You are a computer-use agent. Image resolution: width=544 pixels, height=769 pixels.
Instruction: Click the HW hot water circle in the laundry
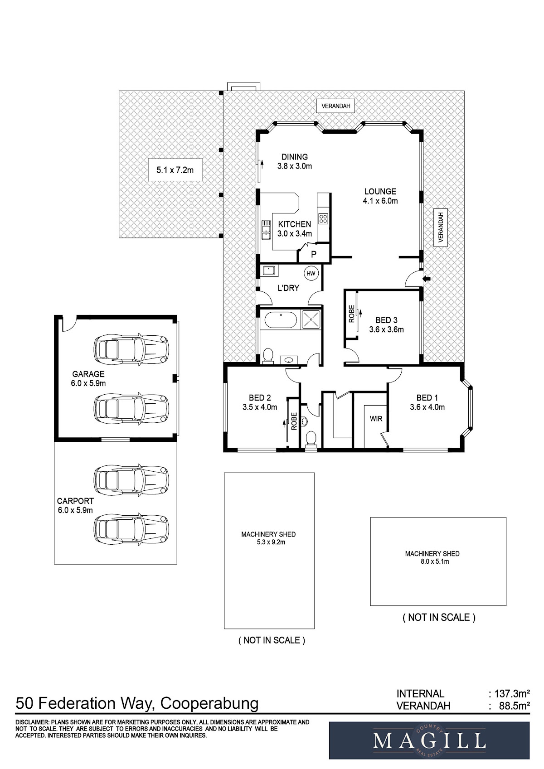(x=311, y=274)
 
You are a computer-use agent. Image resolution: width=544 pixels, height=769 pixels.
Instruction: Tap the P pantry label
(x=314, y=254)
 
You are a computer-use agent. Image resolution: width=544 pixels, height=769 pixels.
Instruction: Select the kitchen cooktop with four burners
(x=322, y=219)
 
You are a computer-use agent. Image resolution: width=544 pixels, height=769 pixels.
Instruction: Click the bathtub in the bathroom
(x=281, y=320)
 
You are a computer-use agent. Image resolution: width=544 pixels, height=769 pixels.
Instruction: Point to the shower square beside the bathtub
(x=311, y=319)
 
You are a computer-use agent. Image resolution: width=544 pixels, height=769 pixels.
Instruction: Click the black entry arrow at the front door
(x=426, y=279)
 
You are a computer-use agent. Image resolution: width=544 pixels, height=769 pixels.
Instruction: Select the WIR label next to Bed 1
(x=376, y=419)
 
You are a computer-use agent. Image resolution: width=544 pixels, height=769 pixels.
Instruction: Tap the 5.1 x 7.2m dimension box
(x=175, y=170)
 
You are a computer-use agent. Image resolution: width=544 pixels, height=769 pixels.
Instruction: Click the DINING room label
(x=295, y=157)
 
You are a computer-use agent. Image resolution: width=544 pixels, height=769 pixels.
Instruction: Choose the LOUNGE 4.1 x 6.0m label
(x=380, y=196)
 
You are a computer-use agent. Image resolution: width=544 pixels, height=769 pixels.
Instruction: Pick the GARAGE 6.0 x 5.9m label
(x=88, y=379)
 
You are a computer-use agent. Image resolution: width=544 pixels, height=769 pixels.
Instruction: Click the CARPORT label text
(x=75, y=501)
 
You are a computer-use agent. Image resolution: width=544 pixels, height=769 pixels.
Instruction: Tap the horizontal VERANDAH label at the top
(x=335, y=106)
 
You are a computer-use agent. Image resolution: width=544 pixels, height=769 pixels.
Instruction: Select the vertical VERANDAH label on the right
(x=441, y=227)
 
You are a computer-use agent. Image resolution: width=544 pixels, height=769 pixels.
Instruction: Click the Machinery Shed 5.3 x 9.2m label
(x=268, y=538)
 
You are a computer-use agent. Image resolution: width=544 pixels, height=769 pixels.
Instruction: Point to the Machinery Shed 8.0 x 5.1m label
(x=432, y=557)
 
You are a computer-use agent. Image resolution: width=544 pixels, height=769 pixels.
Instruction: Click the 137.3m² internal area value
(x=512, y=694)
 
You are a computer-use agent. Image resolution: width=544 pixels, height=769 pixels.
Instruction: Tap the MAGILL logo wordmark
(x=429, y=741)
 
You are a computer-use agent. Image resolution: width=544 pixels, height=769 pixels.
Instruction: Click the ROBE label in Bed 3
(x=351, y=314)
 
